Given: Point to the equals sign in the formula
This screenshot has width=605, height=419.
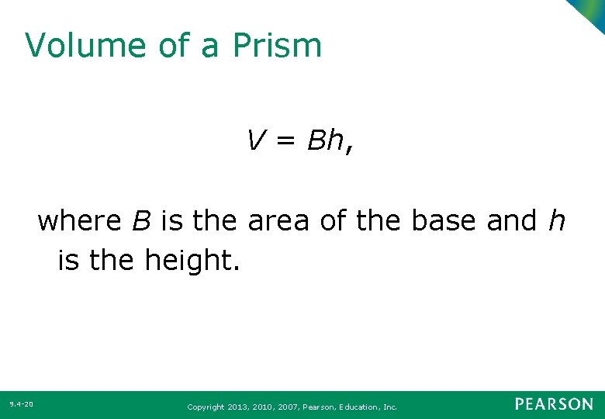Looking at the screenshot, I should point(285,141).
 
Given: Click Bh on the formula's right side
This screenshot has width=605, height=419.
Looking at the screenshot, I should point(325,140).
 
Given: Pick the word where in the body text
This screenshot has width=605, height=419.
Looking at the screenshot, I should point(79,221).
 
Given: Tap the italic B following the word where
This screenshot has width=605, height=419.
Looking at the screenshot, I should point(141,221).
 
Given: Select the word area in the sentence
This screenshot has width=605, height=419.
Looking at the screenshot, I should point(280,221).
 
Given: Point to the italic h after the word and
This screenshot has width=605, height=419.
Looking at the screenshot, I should point(556,221).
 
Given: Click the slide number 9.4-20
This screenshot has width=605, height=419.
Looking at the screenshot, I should point(21,404).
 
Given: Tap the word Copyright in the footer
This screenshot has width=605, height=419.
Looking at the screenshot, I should point(206,407).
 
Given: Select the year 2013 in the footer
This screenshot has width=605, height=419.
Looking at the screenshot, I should point(237,407).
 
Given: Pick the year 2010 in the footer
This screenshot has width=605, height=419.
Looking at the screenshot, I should point(261,407).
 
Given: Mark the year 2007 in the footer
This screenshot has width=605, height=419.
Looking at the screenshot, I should point(285,407).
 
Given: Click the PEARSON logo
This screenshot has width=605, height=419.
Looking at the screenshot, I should point(554,404).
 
